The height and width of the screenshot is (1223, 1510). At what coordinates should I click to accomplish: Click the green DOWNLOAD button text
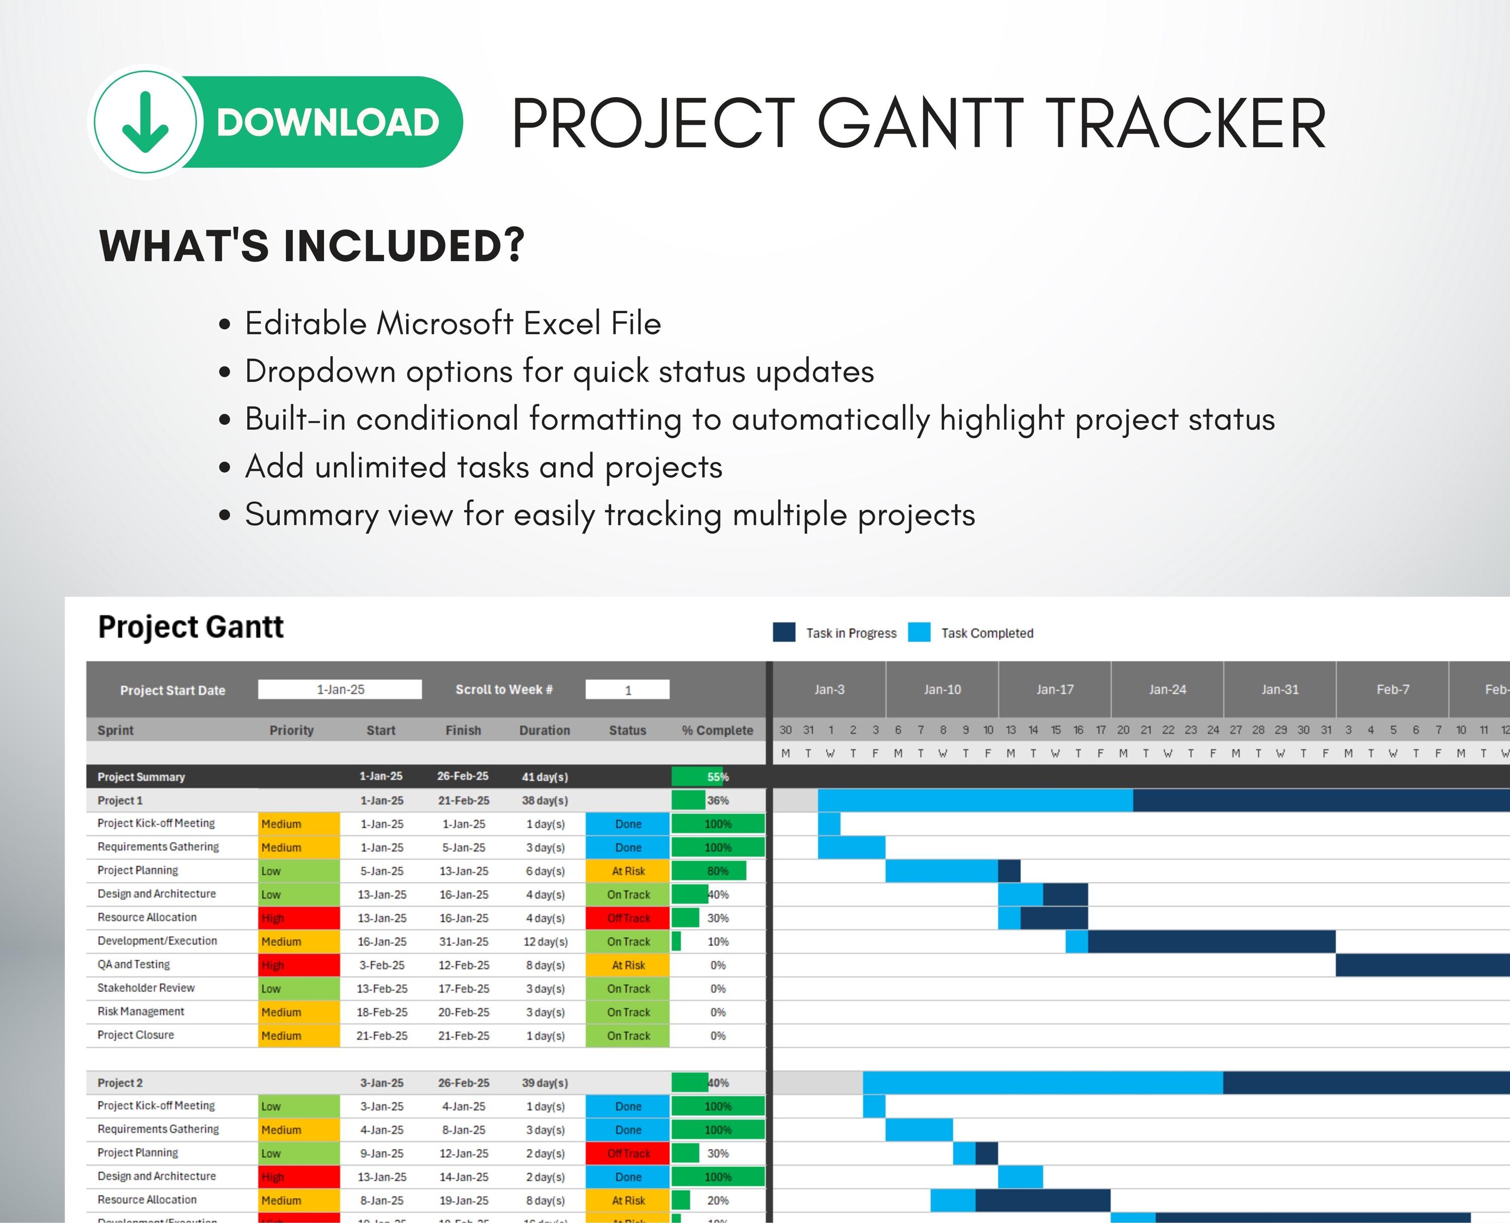tap(328, 123)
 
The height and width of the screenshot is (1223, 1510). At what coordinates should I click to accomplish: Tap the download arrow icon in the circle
tap(145, 123)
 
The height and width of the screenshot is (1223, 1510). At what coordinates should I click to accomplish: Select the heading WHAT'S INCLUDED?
tap(312, 246)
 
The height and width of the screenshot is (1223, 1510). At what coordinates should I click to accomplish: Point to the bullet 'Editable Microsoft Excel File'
tap(452, 323)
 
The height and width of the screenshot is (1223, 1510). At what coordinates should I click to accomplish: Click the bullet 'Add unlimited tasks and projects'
tap(483, 467)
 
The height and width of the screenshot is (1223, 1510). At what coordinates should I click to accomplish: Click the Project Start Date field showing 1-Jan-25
tap(340, 690)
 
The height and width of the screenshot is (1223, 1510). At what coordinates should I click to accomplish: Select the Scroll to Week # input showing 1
tap(627, 690)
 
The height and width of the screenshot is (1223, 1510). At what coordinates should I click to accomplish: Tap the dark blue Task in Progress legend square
tap(784, 632)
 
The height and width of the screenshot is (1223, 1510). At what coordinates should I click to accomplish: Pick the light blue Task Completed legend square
tap(919, 632)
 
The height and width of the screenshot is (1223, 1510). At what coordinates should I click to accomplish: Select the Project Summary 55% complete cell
tap(717, 777)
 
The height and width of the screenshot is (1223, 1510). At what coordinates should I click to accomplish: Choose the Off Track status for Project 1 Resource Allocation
tap(628, 918)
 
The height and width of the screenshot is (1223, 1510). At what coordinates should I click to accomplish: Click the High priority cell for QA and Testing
tap(299, 965)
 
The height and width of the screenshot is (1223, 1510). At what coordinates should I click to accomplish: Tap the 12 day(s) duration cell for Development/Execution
tap(545, 942)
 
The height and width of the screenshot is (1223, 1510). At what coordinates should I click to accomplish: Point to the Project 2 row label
tap(120, 1083)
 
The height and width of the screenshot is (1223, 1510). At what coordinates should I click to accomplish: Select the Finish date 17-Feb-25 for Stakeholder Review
tap(463, 989)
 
